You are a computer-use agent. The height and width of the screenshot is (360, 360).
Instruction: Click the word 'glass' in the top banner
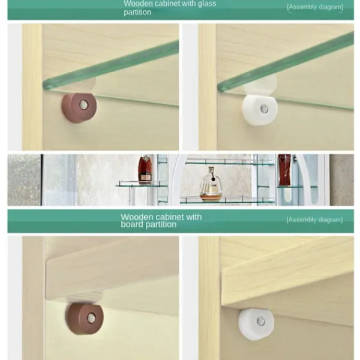(x=207, y=4)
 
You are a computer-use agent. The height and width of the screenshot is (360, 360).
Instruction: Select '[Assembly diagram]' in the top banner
(x=315, y=7)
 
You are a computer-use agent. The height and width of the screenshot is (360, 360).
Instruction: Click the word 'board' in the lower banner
(x=131, y=224)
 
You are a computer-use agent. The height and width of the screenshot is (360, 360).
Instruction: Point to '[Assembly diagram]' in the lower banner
(x=314, y=220)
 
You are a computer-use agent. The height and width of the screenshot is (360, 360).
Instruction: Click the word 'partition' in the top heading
(x=137, y=12)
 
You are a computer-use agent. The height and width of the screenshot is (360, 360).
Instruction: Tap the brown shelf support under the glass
(x=79, y=107)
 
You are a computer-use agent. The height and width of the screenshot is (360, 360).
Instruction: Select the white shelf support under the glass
(x=260, y=110)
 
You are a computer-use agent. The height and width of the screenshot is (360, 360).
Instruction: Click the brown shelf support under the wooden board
(x=85, y=319)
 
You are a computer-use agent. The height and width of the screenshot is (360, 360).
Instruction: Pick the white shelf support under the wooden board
(x=256, y=324)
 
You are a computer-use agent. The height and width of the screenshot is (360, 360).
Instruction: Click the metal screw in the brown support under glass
(x=84, y=104)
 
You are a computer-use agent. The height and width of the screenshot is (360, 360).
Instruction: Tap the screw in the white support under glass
(x=264, y=109)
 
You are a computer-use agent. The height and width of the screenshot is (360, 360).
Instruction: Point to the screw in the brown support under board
(x=91, y=318)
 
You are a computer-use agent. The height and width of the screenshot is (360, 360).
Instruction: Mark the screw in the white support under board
(x=261, y=321)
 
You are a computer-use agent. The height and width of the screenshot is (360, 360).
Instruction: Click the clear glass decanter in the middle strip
(x=211, y=184)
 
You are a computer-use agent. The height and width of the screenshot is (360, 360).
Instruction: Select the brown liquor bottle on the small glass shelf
(x=145, y=169)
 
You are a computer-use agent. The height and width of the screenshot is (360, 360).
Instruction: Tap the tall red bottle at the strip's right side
(x=284, y=170)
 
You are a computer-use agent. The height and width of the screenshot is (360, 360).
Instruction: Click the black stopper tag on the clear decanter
(x=214, y=178)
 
